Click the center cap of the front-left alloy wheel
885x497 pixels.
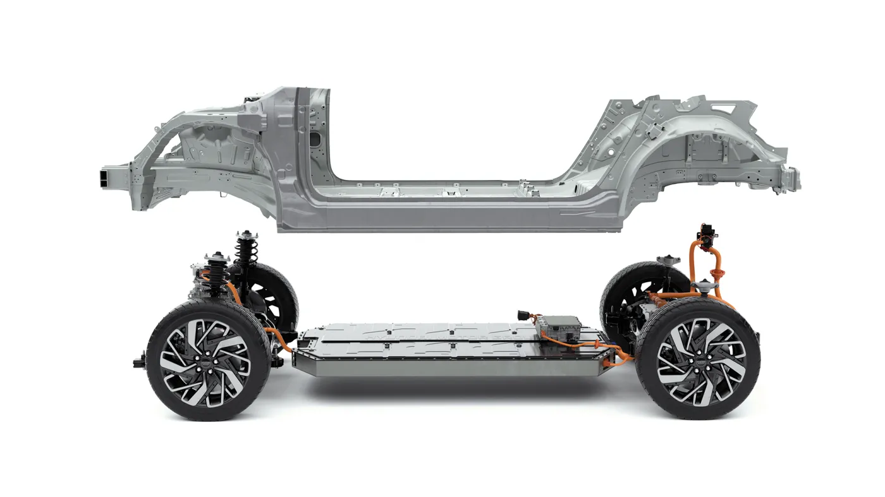pos(204,362)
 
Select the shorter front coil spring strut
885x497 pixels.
pos(217,278)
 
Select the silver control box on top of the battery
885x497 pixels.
pos(559,328)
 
